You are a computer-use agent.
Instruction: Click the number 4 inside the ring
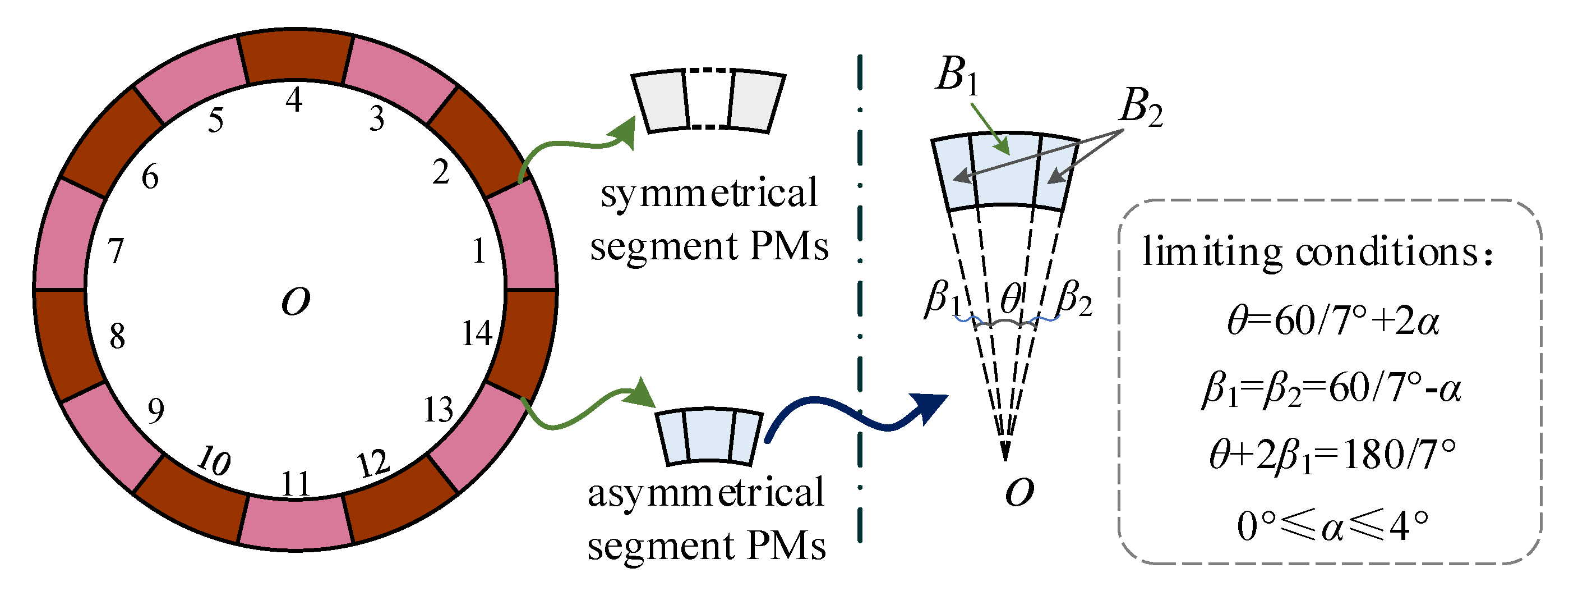pyautogui.click(x=294, y=100)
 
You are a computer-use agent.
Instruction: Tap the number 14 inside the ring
pyautogui.click(x=477, y=334)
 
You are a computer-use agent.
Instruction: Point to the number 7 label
pyautogui.click(x=116, y=251)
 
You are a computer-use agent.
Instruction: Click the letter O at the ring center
pyautogui.click(x=296, y=301)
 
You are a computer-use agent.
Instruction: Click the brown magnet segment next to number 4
pyautogui.click(x=296, y=58)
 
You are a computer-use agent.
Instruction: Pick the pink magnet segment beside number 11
pyautogui.click(x=296, y=523)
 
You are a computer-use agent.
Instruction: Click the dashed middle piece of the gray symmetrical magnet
pyautogui.click(x=709, y=99)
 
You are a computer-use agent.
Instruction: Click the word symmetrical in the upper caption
pyautogui.click(x=709, y=193)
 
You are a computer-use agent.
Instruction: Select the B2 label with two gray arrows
pyautogui.click(x=1141, y=108)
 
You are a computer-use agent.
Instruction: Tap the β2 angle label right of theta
pyautogui.click(x=1074, y=299)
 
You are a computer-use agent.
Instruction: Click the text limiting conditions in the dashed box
pyautogui.click(x=1317, y=252)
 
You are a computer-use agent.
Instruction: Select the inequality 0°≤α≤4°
pyautogui.click(x=1332, y=526)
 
